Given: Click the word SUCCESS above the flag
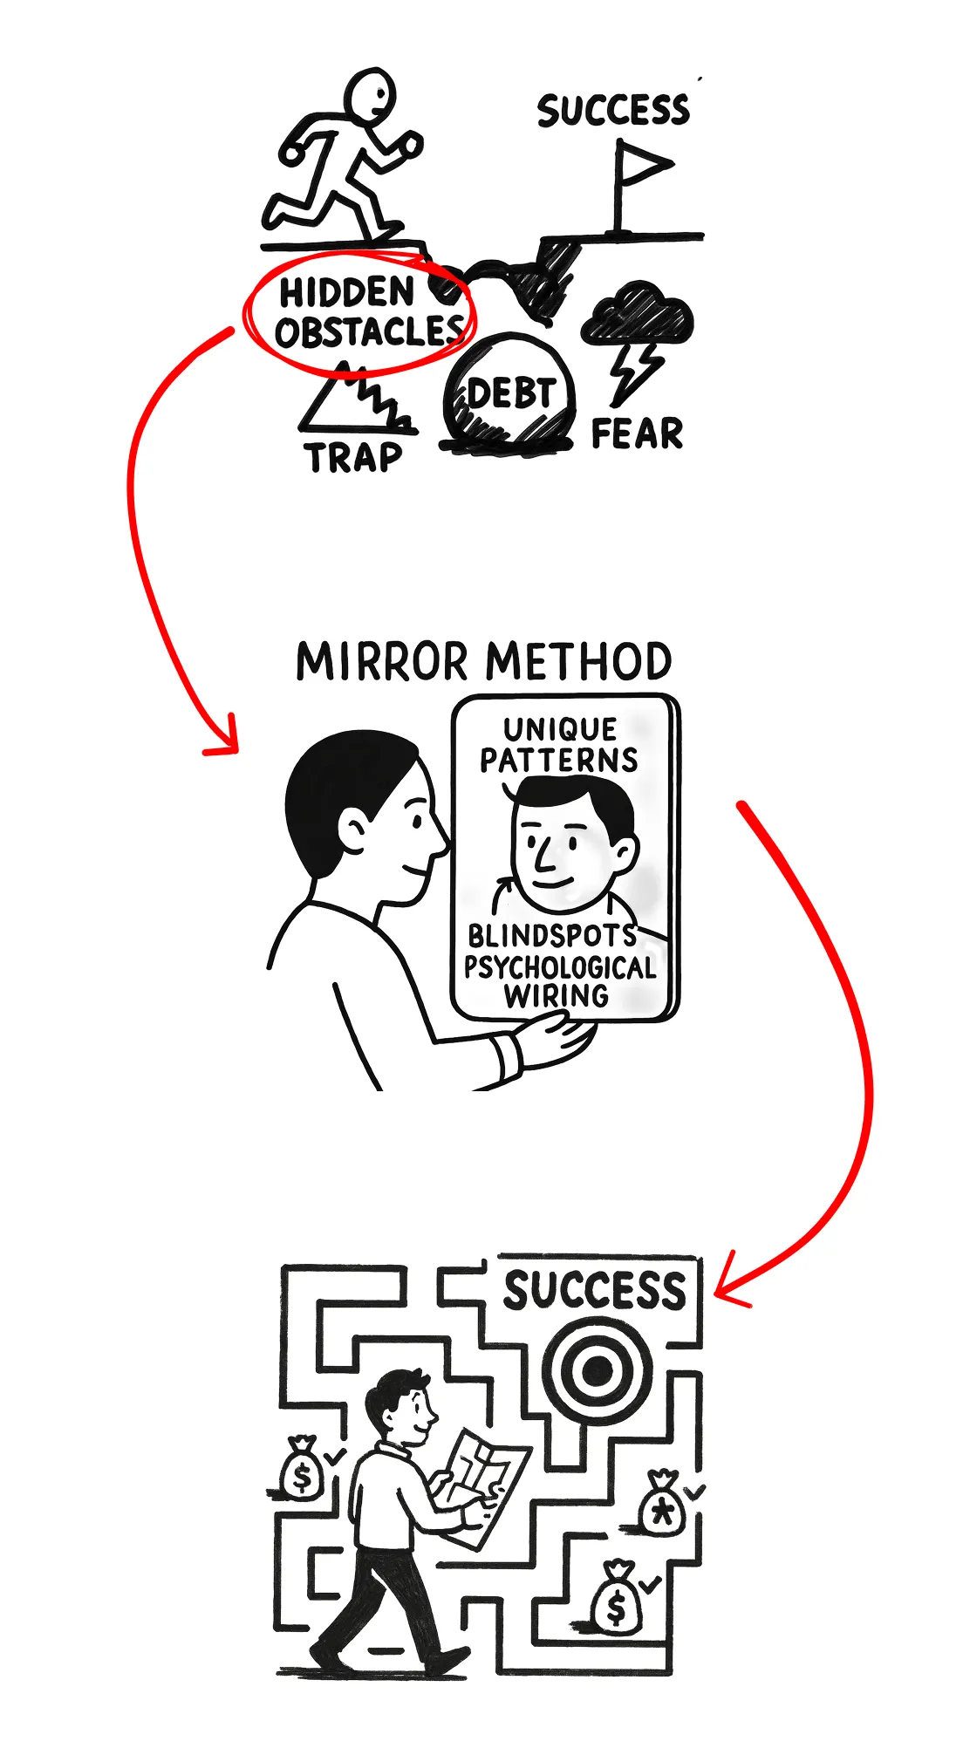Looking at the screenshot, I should point(612,111).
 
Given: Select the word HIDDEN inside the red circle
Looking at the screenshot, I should point(346,292).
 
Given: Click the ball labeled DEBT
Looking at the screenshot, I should point(509,393).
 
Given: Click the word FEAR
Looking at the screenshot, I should point(637,434).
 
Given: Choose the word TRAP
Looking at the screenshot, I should point(353,457).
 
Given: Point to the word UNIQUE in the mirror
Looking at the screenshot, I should point(560,729).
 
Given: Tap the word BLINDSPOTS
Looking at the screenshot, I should point(552,936).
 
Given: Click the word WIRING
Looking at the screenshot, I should point(556,995).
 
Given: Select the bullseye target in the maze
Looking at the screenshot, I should point(597,1369).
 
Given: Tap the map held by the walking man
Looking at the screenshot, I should point(482,1482).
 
